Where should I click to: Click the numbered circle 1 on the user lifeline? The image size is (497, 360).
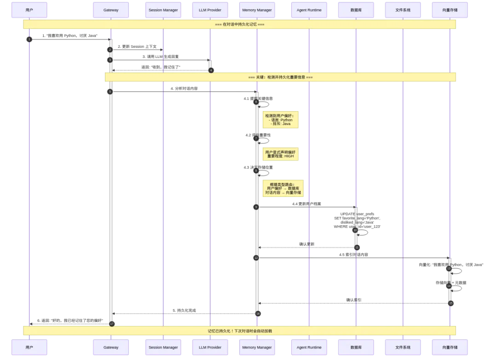[29, 40]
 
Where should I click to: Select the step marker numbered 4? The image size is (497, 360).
[211, 70]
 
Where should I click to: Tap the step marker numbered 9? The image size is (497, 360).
[256, 207]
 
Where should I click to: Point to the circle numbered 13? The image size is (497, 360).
[449, 268]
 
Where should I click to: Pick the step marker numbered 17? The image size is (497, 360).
[111, 324]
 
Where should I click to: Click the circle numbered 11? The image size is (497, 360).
[357, 247]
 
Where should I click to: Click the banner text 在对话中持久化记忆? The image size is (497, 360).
[239, 24]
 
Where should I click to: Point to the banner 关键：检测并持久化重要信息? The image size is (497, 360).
[280, 77]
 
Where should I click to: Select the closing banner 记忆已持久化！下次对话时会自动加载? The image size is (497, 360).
[239, 331]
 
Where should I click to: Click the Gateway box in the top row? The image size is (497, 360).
[110, 10]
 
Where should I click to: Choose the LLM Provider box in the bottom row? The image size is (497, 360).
[210, 348]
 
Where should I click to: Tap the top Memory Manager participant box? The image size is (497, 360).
[257, 10]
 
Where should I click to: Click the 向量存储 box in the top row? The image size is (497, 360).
[450, 10]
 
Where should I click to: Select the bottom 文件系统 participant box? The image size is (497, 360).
[402, 348]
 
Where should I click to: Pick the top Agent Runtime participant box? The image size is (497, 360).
[309, 10]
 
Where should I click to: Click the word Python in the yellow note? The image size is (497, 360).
[286, 120]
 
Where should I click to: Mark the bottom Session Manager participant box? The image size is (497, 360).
[163, 348]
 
